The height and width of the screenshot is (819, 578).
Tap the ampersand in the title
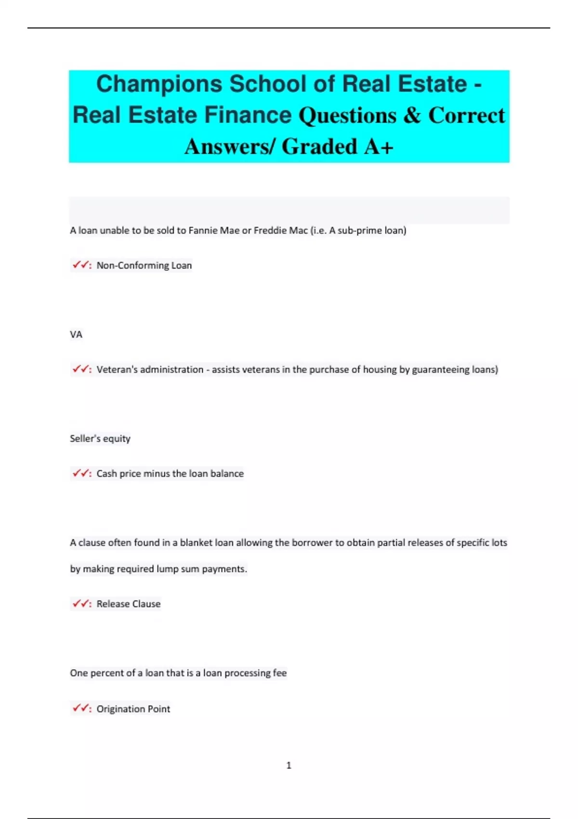point(412,116)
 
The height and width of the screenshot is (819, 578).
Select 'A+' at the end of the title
point(379,146)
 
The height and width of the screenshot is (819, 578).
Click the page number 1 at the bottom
point(289,765)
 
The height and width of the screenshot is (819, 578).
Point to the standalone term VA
point(76,334)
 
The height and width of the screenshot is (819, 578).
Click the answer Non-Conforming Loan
point(144,265)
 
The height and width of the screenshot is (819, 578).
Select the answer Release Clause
point(128,604)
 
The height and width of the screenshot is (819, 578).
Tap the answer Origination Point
point(133,709)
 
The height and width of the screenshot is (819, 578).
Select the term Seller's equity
point(100,439)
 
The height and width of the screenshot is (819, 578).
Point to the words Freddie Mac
point(280,230)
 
